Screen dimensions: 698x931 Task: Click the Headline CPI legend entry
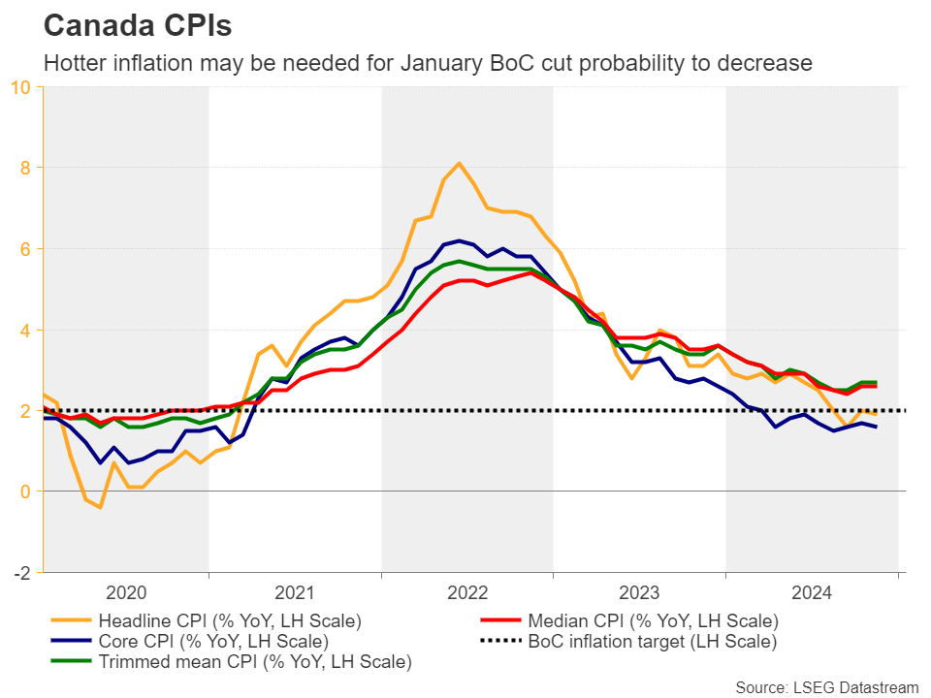click(227, 620)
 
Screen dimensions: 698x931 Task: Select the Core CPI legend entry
click(213, 641)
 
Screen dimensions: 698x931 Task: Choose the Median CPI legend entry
click(653, 620)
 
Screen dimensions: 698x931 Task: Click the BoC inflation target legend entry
click(653, 641)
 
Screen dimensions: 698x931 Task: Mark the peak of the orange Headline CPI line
click(459, 163)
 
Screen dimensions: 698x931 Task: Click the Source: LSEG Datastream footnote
click(826, 687)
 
